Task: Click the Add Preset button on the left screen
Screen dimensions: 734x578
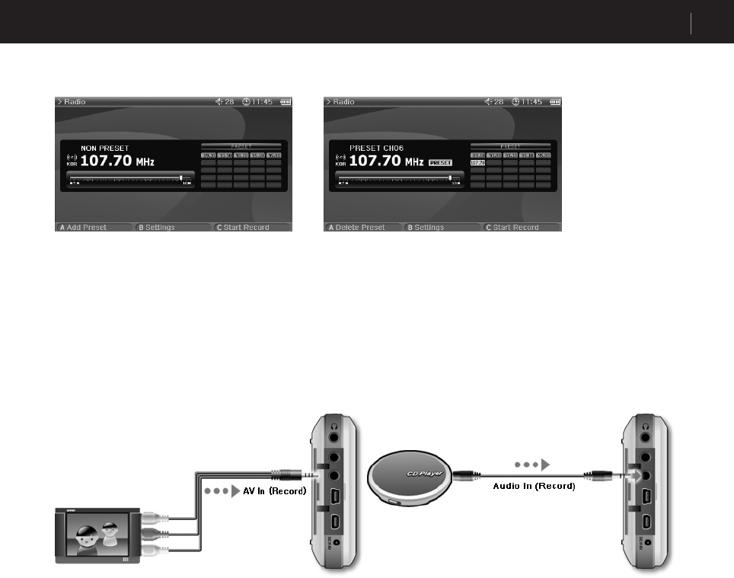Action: tap(84, 227)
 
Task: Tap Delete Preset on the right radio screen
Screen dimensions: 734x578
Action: tap(356, 227)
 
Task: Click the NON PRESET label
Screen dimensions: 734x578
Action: tap(104, 148)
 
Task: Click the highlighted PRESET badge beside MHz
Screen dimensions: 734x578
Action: tap(440, 162)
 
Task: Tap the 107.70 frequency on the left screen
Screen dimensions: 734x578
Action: tap(106, 161)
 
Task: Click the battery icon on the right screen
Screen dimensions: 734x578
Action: tap(555, 102)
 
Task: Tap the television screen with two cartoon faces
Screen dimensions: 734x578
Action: tap(97, 537)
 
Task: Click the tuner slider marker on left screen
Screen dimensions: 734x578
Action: tap(181, 177)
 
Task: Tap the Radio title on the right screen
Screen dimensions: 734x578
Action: tap(343, 102)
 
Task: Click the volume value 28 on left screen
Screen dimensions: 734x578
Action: tap(228, 102)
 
